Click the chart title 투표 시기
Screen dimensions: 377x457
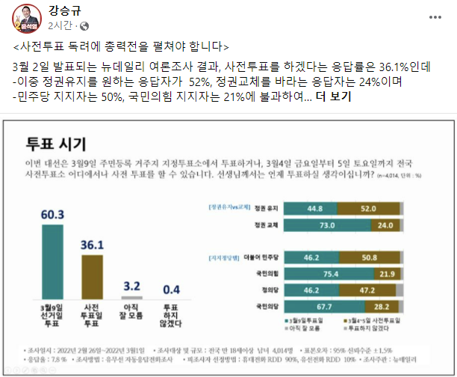tap(56, 141)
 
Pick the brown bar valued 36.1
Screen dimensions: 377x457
tap(92, 277)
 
